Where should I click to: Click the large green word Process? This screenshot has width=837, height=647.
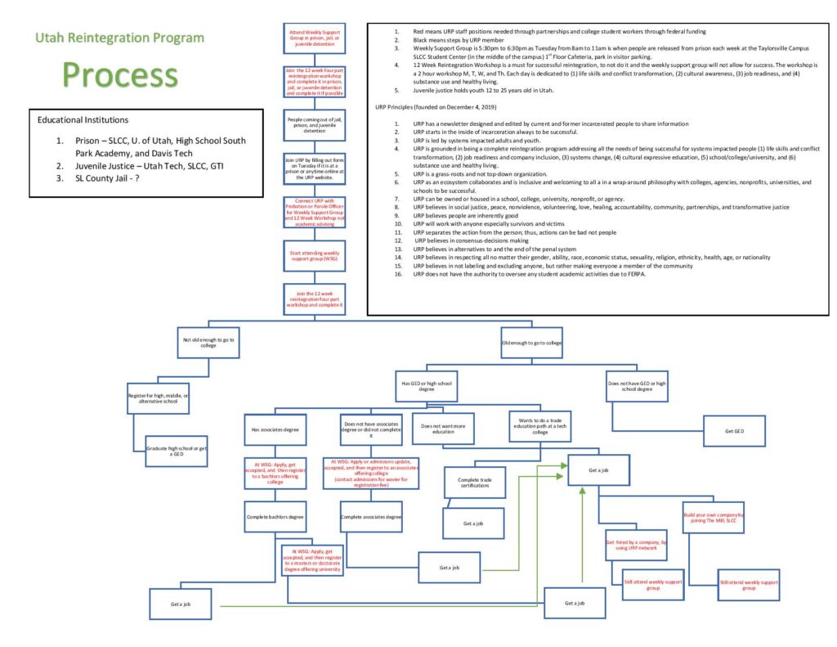click(119, 74)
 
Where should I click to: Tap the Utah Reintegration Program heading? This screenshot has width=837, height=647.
click(119, 38)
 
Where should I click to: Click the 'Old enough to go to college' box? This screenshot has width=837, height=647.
click(531, 342)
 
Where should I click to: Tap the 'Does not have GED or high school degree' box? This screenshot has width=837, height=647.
click(640, 385)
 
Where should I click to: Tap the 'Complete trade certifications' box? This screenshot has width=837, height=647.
click(474, 483)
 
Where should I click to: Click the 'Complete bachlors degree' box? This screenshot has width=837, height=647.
click(275, 517)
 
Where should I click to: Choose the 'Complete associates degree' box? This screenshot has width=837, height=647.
click(371, 517)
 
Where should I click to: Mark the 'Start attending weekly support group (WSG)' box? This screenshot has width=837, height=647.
click(313, 256)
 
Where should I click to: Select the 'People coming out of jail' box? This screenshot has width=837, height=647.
click(313, 125)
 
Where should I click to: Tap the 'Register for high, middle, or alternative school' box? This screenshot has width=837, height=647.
click(159, 398)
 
